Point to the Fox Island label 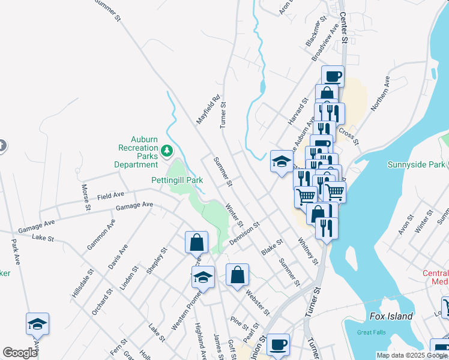pos(391,316)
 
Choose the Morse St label pos(86,197)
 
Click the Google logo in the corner pos(20,352)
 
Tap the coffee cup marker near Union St pos(278,345)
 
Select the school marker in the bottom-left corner pos(38,324)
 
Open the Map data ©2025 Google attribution pos(412,355)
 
